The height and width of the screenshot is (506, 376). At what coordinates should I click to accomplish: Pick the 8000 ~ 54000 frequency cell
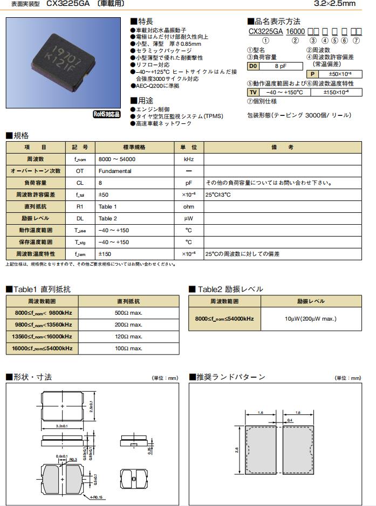(117, 160)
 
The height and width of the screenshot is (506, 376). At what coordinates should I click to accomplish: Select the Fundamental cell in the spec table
(115, 171)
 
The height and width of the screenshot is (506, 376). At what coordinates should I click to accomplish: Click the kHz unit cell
(188, 160)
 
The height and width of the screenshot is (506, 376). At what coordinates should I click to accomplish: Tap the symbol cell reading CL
(79, 183)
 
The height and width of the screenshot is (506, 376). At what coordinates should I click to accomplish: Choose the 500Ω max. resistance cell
(128, 313)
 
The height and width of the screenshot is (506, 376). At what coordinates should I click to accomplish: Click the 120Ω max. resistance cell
(128, 337)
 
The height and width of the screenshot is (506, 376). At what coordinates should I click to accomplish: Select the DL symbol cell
(79, 218)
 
